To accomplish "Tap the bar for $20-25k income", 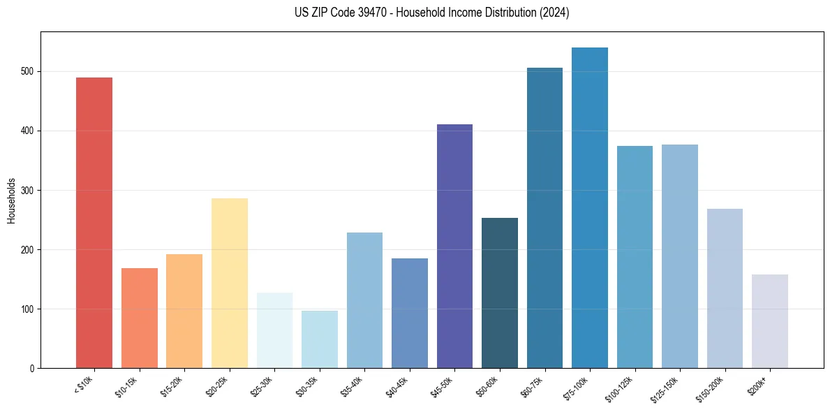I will tap(229, 283).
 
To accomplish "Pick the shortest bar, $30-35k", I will tap(319, 339).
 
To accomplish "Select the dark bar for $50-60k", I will tap(499, 293).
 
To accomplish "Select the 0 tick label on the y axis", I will tap(33, 368).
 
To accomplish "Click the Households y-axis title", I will tap(12, 200).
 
